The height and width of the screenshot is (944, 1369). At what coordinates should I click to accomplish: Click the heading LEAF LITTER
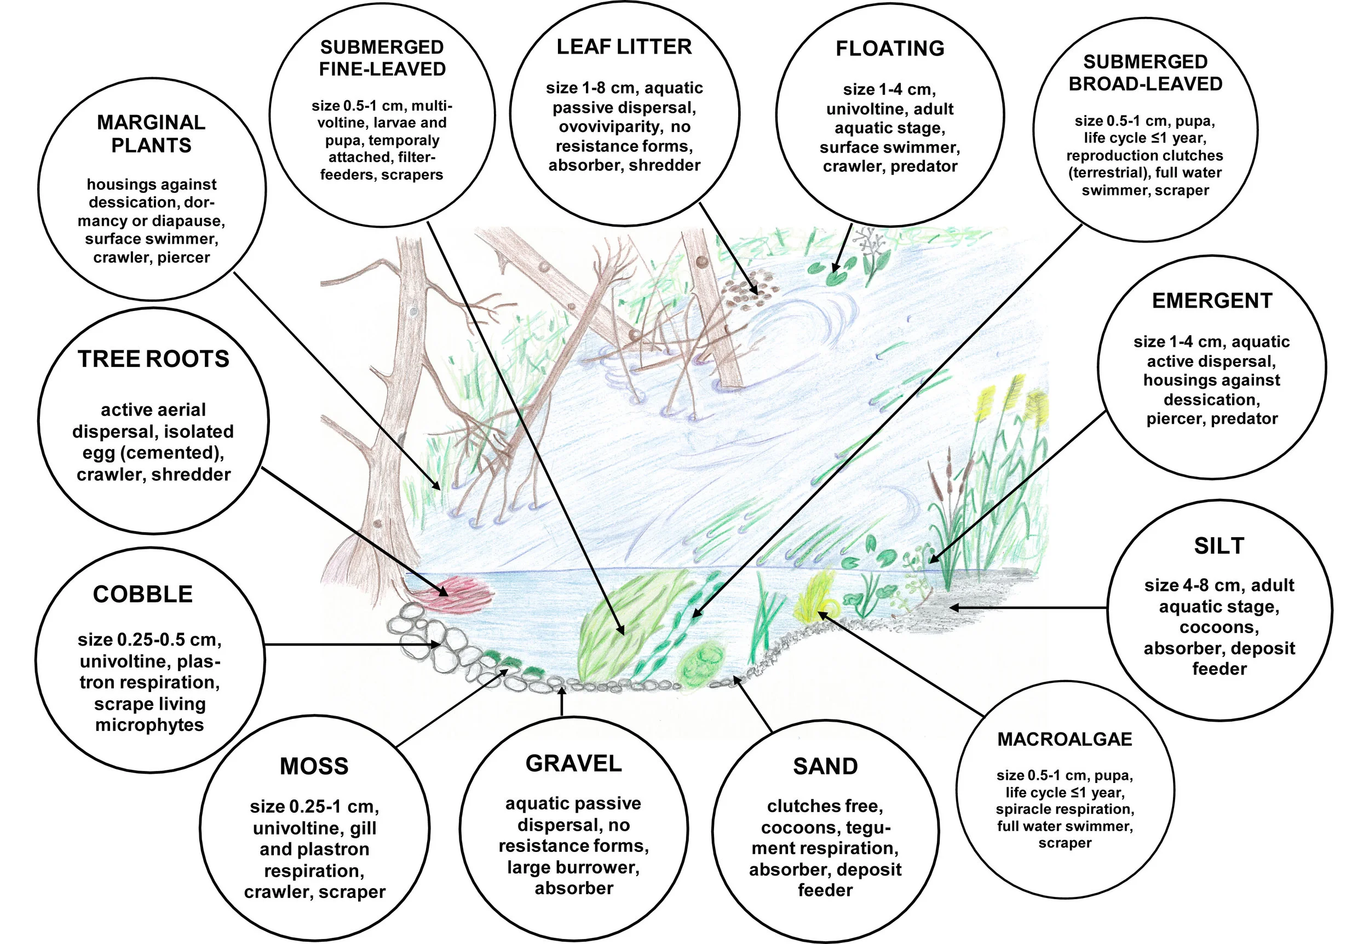(624, 47)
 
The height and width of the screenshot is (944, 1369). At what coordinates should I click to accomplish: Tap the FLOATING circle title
(889, 49)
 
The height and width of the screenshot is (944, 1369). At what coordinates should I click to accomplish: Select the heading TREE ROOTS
(153, 359)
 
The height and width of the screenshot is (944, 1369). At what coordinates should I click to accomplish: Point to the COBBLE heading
(142, 594)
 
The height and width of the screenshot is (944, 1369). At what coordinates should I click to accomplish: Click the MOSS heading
(314, 766)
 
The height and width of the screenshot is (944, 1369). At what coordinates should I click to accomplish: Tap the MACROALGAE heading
(1065, 739)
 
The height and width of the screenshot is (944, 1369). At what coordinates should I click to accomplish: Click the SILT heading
(1219, 545)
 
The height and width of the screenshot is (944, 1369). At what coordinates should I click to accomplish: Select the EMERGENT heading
(1212, 301)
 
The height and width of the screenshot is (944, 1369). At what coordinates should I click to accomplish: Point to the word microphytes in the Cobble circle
(149, 724)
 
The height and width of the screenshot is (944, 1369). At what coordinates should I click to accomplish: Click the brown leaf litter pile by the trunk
(748, 290)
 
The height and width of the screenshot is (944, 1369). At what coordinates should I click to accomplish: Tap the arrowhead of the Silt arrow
(953, 607)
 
